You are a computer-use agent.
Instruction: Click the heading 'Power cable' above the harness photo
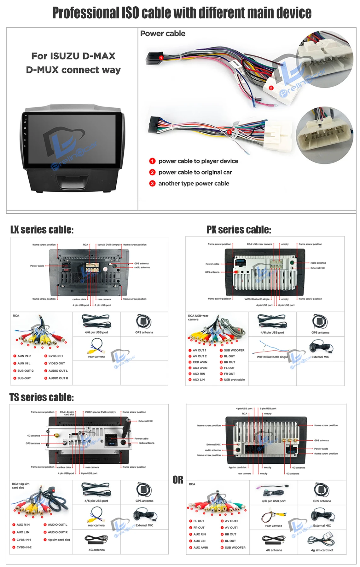[163, 34]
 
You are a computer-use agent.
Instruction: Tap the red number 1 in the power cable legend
[152, 161]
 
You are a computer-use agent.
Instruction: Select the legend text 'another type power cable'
[194, 183]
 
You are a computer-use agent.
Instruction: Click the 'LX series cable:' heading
[42, 230]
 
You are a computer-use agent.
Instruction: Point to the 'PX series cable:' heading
[239, 230]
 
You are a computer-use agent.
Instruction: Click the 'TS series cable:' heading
[42, 397]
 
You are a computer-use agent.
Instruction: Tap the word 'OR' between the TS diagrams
[178, 480]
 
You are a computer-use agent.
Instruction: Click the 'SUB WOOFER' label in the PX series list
[234, 350]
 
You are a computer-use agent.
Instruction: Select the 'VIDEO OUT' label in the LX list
[56, 363]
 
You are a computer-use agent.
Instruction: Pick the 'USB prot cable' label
[234, 380]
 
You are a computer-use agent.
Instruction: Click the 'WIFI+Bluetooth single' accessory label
[272, 357]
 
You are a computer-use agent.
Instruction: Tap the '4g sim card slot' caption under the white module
[322, 550]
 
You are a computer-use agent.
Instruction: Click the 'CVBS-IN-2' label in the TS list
[24, 547]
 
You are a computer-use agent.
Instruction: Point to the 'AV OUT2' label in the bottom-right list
[231, 521]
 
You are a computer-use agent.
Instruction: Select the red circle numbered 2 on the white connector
[271, 88]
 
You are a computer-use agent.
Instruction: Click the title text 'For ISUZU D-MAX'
[73, 56]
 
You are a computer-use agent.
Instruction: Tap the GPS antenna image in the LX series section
[144, 322]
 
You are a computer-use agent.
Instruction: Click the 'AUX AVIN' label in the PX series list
[200, 368]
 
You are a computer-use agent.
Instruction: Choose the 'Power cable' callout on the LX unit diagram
[37, 266]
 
